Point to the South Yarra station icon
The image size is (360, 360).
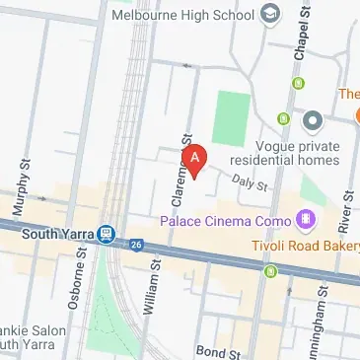click(108, 236)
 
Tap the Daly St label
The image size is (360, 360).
click(249, 181)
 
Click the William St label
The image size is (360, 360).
click(149, 287)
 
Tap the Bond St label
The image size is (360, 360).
click(216, 351)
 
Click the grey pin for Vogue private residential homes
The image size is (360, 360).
click(314, 122)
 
